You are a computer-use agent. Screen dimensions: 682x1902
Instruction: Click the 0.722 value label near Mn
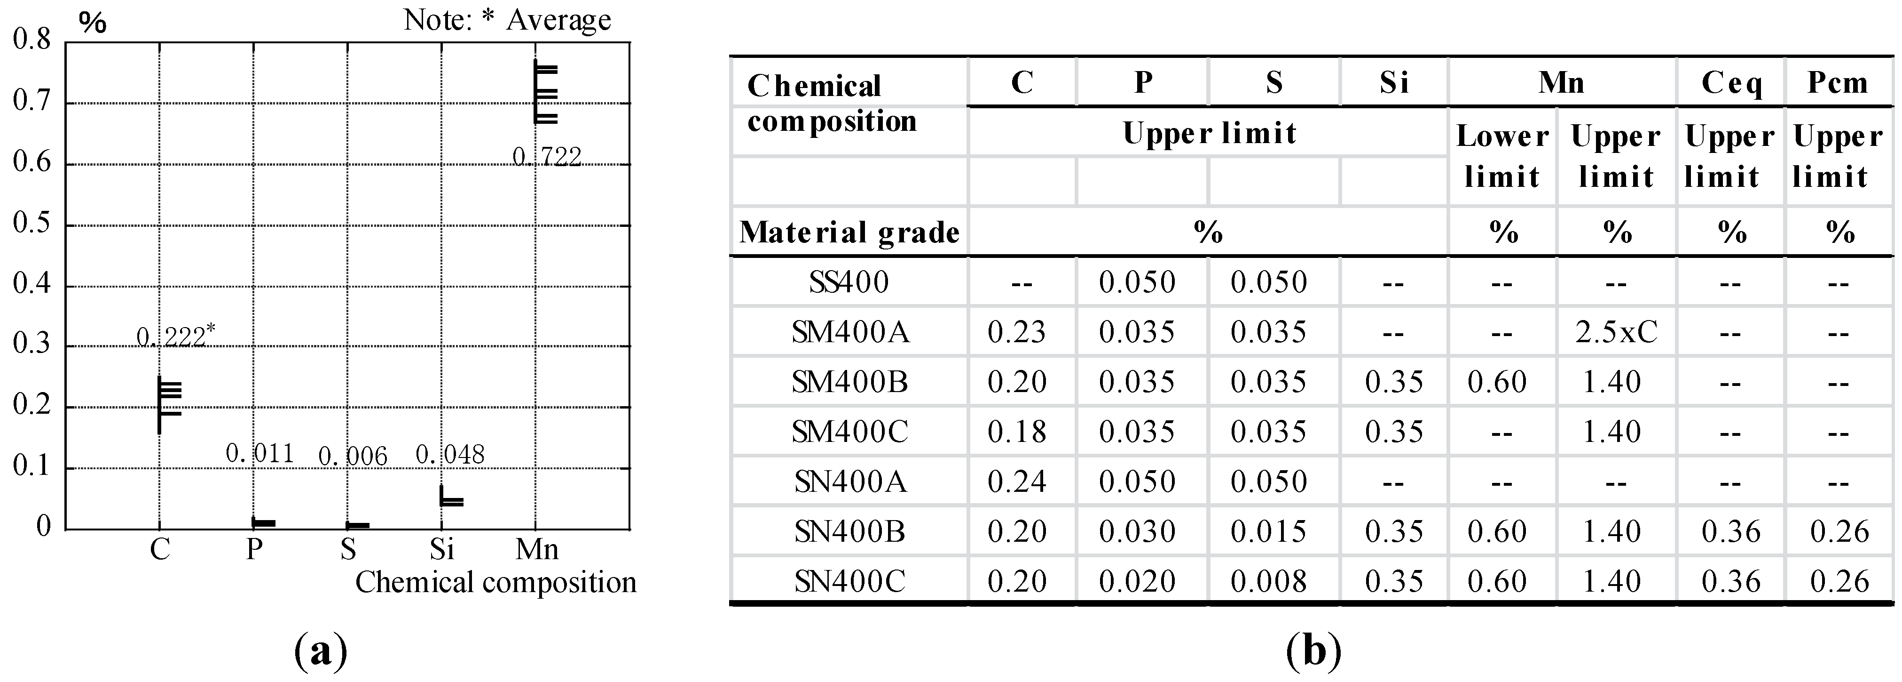(x=547, y=157)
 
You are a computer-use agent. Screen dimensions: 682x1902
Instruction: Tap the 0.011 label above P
(x=260, y=453)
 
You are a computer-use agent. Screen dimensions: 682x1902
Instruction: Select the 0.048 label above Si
(x=450, y=454)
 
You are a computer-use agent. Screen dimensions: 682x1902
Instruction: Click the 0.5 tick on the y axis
(x=32, y=223)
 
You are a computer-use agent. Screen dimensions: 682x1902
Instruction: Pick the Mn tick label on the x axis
(x=537, y=549)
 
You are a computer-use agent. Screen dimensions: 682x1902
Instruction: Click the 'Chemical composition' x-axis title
(x=495, y=582)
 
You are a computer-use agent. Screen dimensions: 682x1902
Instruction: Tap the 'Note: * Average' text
(x=507, y=20)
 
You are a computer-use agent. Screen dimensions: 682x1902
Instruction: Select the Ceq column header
(x=1731, y=83)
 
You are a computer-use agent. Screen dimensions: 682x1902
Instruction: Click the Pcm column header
(x=1838, y=83)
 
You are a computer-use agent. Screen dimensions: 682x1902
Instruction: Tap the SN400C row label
(x=849, y=581)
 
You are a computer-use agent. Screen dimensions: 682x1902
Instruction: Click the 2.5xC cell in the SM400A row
(x=1616, y=332)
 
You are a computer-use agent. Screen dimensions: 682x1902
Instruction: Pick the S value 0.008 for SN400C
(x=1268, y=581)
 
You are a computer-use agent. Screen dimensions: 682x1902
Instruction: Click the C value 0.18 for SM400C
(x=1017, y=432)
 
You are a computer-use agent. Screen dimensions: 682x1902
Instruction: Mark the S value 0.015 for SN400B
(x=1268, y=531)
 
